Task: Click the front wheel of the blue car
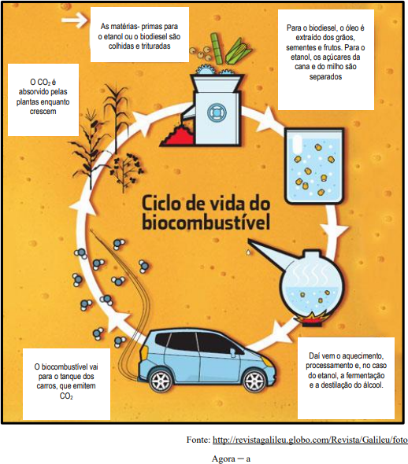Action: pos(254,381)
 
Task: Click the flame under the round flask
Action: pos(310,317)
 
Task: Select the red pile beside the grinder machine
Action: pos(177,136)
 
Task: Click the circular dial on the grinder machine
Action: pos(217,112)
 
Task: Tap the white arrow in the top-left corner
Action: pos(74,20)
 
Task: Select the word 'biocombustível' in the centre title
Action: pos(206,223)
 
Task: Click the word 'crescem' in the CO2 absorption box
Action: pos(43,112)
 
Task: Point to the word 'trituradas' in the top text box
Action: pos(155,46)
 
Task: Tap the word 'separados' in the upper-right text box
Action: pos(325,76)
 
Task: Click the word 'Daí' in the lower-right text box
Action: pos(314,355)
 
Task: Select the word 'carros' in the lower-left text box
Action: pos(47,386)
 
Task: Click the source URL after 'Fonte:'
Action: pos(310,440)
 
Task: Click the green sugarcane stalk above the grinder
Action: pos(217,49)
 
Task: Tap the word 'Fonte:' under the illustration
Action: pos(198,440)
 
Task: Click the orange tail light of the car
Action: pos(144,352)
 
